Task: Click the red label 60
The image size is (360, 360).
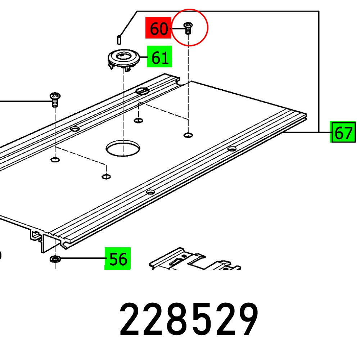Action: pos(158,28)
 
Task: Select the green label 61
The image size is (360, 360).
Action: pos(159,57)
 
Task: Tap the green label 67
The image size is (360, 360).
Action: pos(343,132)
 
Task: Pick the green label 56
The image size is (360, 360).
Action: pos(118,258)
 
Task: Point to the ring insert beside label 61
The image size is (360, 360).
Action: pos(124,58)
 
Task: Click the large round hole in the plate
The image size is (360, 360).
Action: pos(122,148)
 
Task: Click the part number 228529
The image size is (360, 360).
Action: pos(189,320)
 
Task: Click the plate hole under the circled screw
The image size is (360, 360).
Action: pos(188,135)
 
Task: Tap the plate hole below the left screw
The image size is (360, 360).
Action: pos(55,159)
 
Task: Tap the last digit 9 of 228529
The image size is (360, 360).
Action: pos(247,320)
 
